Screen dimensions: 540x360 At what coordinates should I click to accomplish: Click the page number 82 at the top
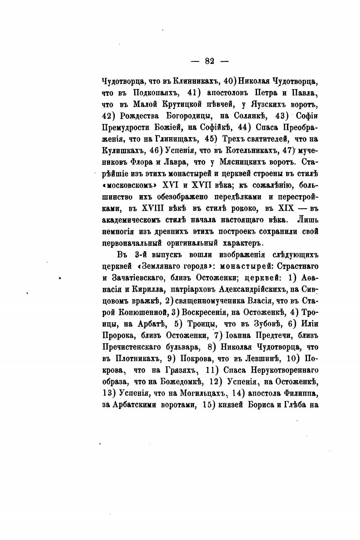[x=210, y=61]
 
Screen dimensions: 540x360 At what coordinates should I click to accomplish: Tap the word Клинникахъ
[x=196, y=81]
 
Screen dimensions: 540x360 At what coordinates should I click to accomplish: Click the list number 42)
[x=110, y=116]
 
